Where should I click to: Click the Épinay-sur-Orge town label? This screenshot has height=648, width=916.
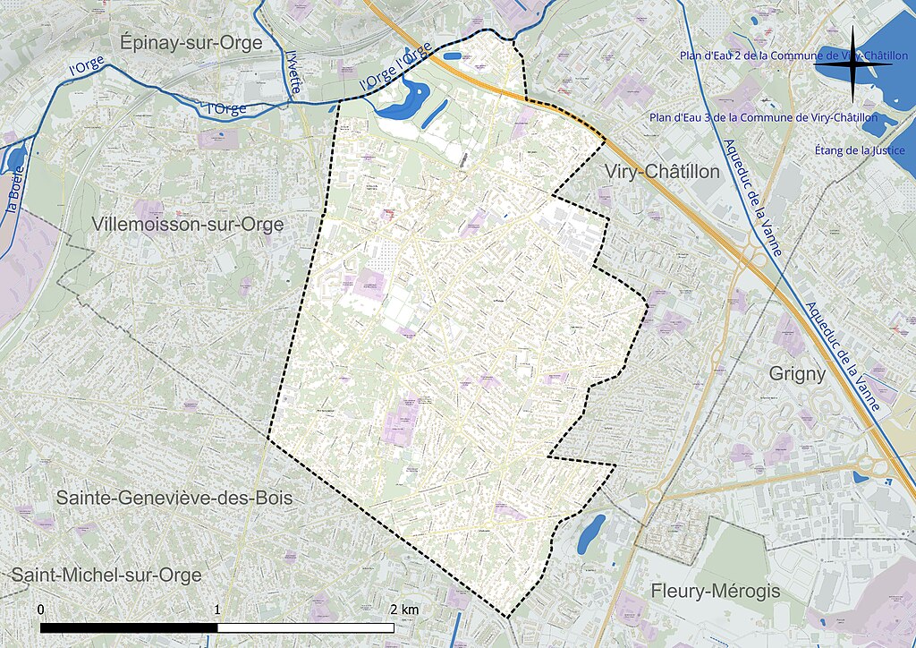tap(191, 42)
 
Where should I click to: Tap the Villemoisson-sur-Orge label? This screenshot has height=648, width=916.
tap(188, 224)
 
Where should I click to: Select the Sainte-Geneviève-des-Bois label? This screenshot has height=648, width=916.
tap(174, 498)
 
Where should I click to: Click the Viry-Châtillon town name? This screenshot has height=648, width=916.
tap(662, 171)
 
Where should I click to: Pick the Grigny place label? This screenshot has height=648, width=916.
tap(797, 374)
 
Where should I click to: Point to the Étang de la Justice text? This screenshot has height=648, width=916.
tap(860, 150)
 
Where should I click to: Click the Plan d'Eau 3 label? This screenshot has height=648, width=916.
tap(763, 117)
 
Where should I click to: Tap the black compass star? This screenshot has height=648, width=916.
tap(853, 64)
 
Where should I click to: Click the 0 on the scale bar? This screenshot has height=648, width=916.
tap(42, 610)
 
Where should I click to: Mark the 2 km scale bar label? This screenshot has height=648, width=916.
tap(403, 610)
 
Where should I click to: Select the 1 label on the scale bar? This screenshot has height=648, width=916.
tap(218, 610)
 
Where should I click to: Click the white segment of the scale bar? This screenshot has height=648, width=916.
tap(306, 627)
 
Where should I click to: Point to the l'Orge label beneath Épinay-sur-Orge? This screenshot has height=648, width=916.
tap(226, 108)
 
